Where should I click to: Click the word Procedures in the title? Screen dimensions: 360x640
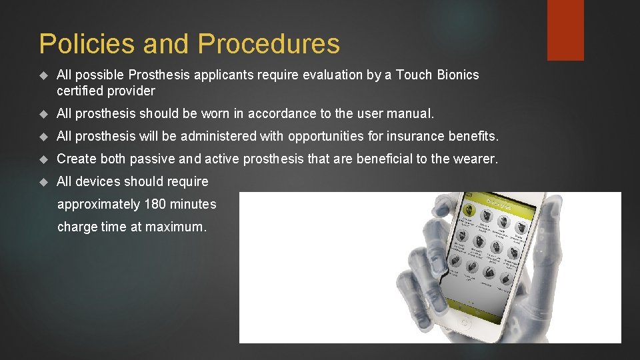pyautogui.click(x=269, y=44)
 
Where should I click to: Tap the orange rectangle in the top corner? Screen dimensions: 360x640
pyautogui.click(x=565, y=30)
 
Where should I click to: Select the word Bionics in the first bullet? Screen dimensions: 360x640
pyautogui.click(x=457, y=75)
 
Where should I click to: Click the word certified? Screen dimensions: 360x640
pyautogui.click(x=82, y=91)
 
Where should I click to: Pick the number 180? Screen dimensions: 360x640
pyautogui.click(x=155, y=204)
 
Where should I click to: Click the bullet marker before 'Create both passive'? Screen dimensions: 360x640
pyautogui.click(x=45, y=159)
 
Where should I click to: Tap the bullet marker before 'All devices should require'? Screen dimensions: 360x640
pyautogui.click(x=45, y=182)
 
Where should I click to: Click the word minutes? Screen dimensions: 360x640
pyautogui.click(x=193, y=204)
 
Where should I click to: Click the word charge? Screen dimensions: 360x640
pyautogui.click(x=77, y=227)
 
